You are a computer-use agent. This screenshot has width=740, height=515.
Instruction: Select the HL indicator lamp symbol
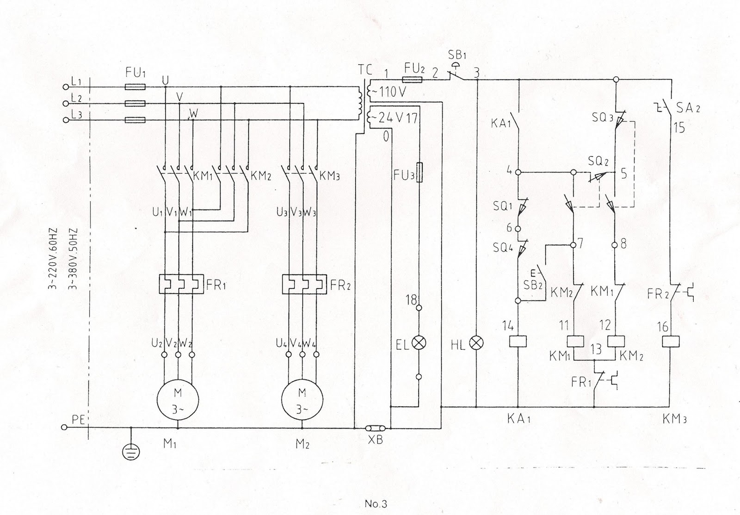click(476, 343)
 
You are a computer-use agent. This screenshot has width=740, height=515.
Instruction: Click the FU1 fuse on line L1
click(136, 87)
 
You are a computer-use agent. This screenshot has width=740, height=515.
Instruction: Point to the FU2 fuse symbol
click(413, 80)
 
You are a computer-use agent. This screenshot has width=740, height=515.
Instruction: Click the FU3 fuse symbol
click(419, 172)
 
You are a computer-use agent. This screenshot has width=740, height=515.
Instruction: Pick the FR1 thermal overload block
click(181, 284)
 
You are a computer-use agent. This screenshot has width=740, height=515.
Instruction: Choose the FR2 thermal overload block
click(305, 284)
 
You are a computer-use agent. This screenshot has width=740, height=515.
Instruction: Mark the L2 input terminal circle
click(65, 103)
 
